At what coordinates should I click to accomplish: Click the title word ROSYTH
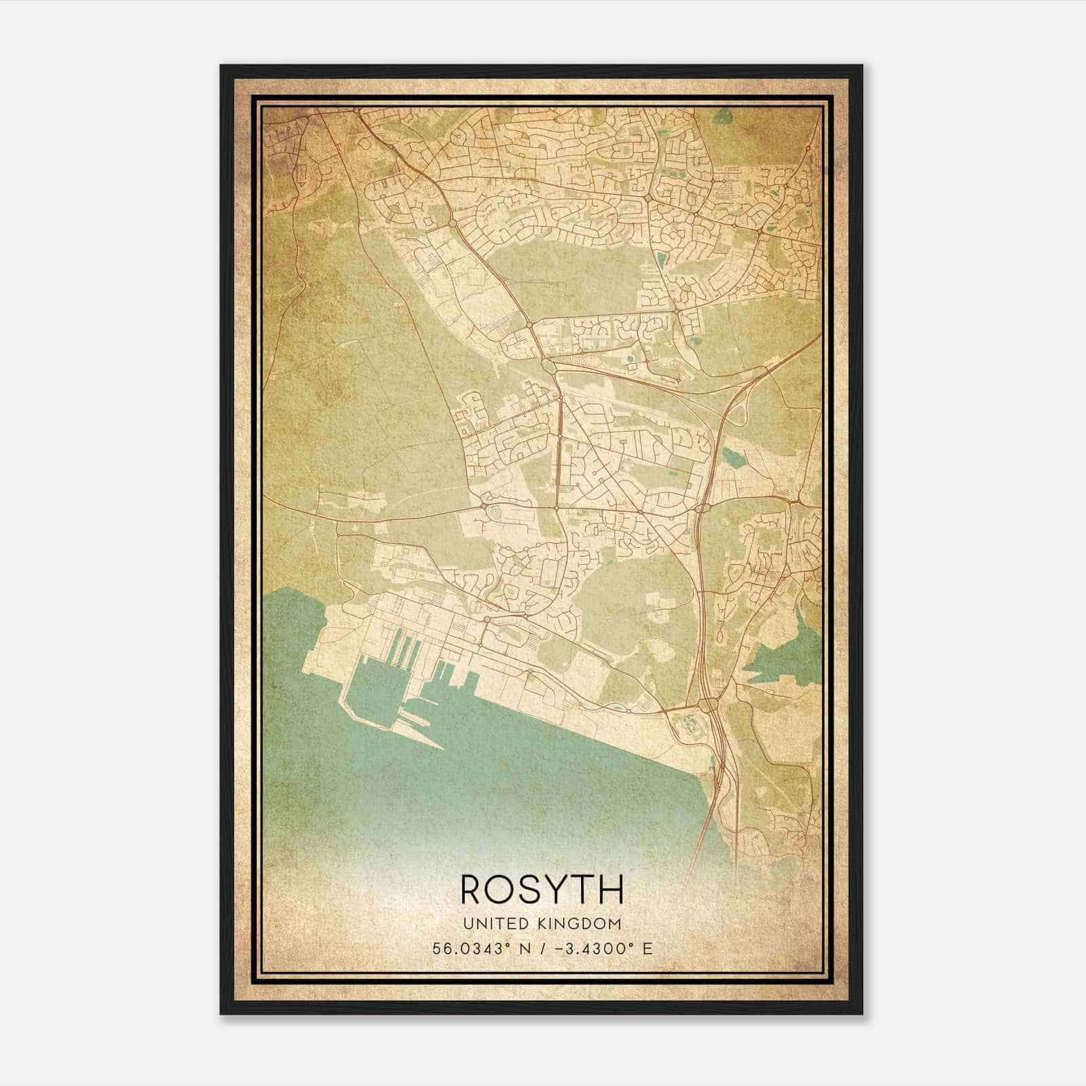coord(542,889)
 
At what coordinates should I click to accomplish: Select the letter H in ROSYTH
coord(608,889)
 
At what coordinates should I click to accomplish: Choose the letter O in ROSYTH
coord(500,889)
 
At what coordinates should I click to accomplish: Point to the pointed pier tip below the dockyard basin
coord(441,746)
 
